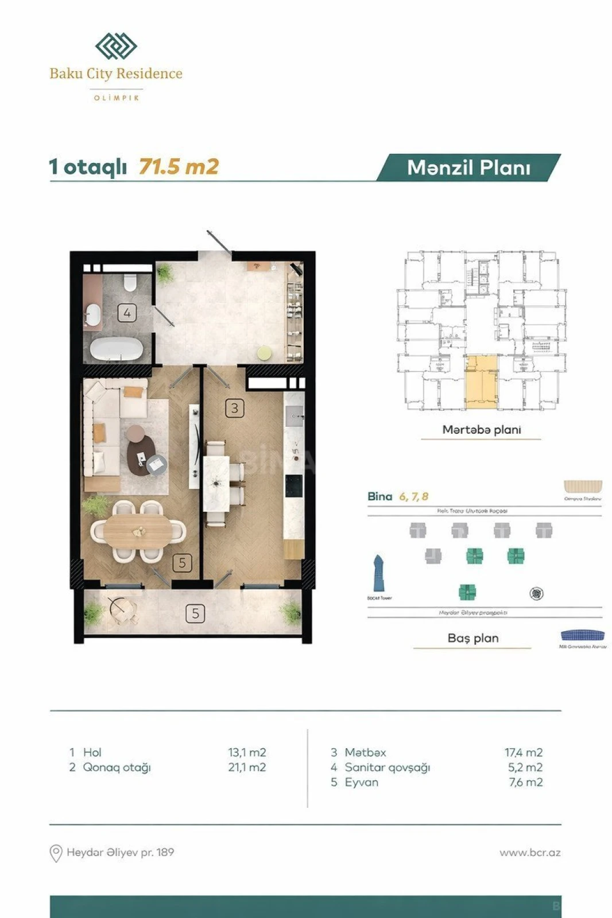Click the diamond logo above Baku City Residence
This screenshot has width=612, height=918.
(116, 46)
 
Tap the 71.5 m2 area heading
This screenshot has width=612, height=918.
(179, 167)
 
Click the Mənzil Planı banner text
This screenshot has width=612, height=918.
(468, 168)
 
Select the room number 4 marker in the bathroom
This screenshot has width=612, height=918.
(127, 313)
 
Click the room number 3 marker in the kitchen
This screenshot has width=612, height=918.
(234, 409)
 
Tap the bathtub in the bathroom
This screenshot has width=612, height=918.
(117, 348)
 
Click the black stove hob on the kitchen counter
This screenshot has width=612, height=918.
(294, 486)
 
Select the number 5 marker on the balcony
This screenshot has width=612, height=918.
(195, 614)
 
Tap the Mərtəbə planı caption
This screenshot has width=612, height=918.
(481, 430)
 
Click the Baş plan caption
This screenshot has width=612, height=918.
(472, 638)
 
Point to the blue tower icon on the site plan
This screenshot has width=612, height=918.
(379, 574)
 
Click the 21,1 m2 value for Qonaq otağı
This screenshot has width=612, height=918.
(247, 767)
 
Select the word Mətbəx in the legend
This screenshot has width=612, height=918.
(365, 752)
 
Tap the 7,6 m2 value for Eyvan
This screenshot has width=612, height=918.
(525, 782)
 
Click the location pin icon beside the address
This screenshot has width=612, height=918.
(56, 853)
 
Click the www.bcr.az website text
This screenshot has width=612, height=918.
(529, 853)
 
